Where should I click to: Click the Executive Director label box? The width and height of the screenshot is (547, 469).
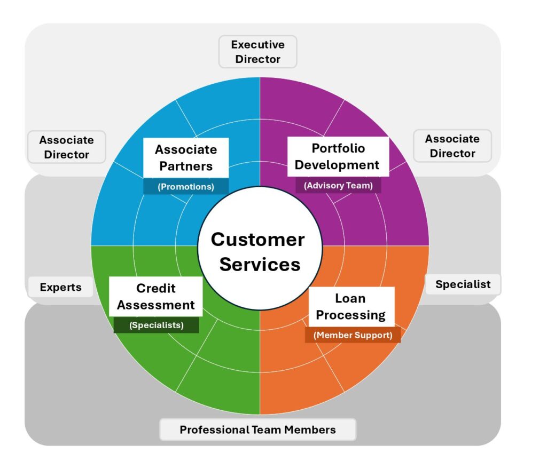(258, 52)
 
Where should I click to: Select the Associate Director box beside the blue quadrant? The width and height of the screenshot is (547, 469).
(67, 147)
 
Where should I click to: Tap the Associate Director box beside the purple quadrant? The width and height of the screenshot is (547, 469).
(452, 146)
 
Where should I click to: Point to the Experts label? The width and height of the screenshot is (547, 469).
(61, 287)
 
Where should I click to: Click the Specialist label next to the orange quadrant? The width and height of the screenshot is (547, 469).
(463, 284)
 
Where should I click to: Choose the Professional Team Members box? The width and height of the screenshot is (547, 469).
(258, 430)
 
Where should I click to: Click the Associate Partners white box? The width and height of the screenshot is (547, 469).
(186, 158)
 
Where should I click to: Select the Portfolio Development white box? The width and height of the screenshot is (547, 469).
(338, 157)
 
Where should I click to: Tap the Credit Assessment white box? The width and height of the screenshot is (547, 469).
(155, 297)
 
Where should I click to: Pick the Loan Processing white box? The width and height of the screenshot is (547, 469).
(351, 307)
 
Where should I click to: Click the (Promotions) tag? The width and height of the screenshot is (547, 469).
(186, 187)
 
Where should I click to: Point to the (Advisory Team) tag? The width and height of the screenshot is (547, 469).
(338, 185)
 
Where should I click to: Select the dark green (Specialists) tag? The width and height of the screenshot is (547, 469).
(157, 325)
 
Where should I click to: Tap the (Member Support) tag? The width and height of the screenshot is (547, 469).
(353, 335)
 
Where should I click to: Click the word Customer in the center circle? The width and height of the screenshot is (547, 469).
(258, 240)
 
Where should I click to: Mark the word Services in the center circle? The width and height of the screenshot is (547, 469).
(260, 265)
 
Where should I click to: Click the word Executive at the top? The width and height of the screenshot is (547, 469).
(258, 45)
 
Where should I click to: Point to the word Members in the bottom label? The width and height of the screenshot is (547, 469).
(310, 430)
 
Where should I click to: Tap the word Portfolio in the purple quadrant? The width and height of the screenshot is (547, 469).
(338, 148)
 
